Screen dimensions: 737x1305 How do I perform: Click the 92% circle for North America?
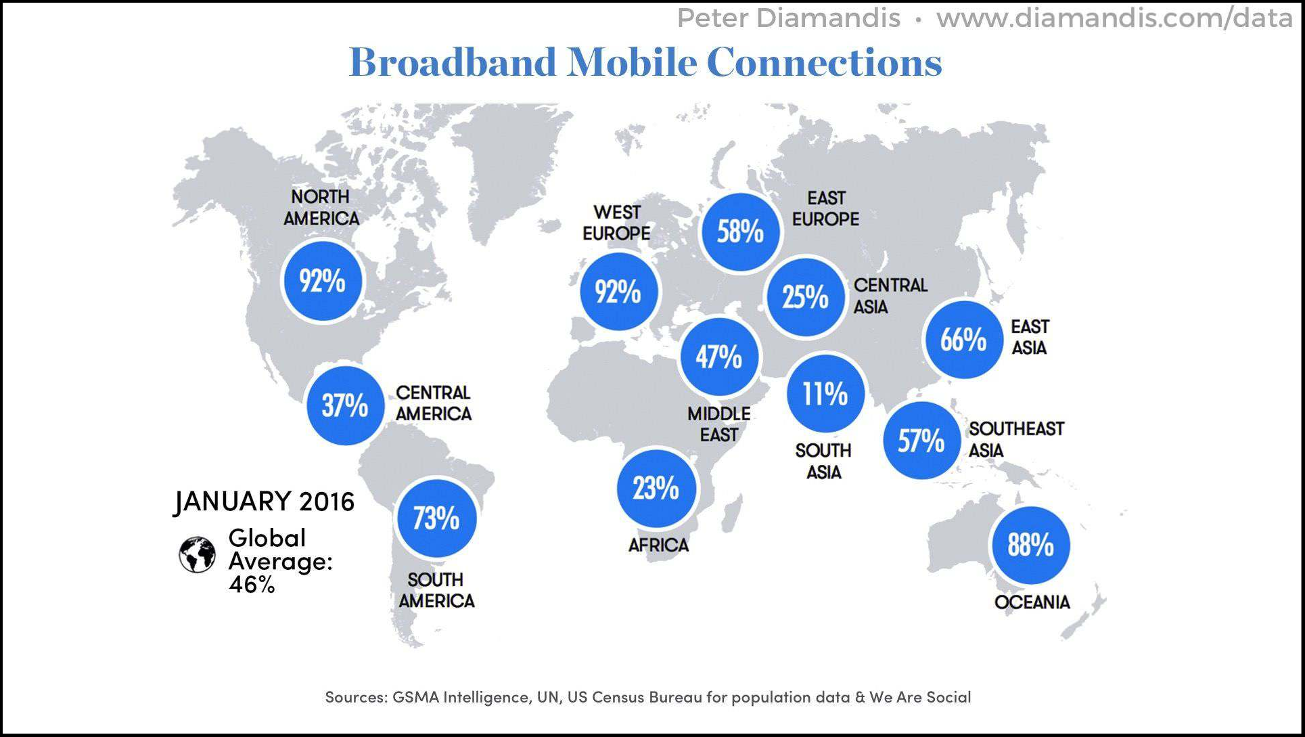coord(322,281)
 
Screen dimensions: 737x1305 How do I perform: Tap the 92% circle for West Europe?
coord(618,292)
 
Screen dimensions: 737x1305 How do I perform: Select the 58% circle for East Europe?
coord(740,232)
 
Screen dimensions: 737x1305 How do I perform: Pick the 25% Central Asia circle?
coord(805,296)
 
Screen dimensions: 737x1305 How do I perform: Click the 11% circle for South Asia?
coord(825,393)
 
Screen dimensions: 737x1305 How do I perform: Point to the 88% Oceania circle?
coord(1030,545)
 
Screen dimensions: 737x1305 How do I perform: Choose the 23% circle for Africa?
coord(656,488)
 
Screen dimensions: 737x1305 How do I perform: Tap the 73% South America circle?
coord(436,518)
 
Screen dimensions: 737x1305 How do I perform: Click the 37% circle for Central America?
coord(345,405)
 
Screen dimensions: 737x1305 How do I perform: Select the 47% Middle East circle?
coord(719,357)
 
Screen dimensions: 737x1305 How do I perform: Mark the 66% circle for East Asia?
coord(963,339)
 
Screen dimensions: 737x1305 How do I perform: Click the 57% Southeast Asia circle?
coord(921,441)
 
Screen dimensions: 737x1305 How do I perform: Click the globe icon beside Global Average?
coord(197,556)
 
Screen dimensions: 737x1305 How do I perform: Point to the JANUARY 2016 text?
coord(265,501)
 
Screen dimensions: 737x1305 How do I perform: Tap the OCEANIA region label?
coord(1032,602)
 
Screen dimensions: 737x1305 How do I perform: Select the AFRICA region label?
coord(658,545)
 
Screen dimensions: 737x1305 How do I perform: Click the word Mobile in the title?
coord(632,62)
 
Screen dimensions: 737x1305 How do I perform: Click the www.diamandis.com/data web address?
coord(1114,18)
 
